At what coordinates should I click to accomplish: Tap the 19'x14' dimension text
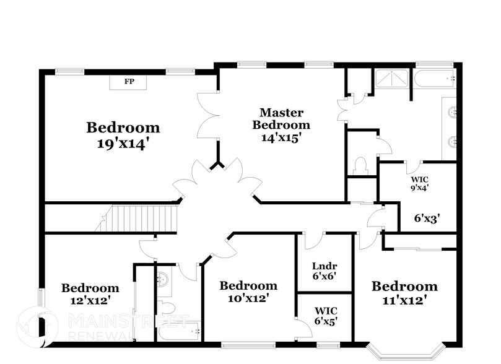click(x=123, y=144)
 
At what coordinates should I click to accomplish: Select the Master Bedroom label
click(x=281, y=118)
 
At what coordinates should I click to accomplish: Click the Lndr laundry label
click(x=324, y=266)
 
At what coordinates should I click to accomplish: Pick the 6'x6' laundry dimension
click(x=324, y=276)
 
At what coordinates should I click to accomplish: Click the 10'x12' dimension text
click(x=248, y=298)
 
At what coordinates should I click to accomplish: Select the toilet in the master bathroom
click(x=360, y=165)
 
